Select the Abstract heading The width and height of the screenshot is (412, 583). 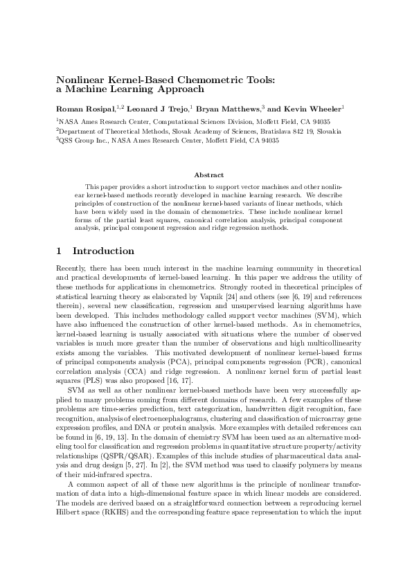point(206,175)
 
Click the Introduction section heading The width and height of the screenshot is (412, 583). point(103,251)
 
